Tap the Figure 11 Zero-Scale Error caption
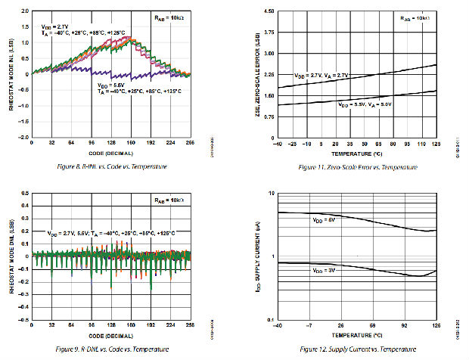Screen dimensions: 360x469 [358, 166]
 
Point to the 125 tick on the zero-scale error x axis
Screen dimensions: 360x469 [436, 143]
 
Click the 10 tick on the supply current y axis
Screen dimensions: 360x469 [271, 194]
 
